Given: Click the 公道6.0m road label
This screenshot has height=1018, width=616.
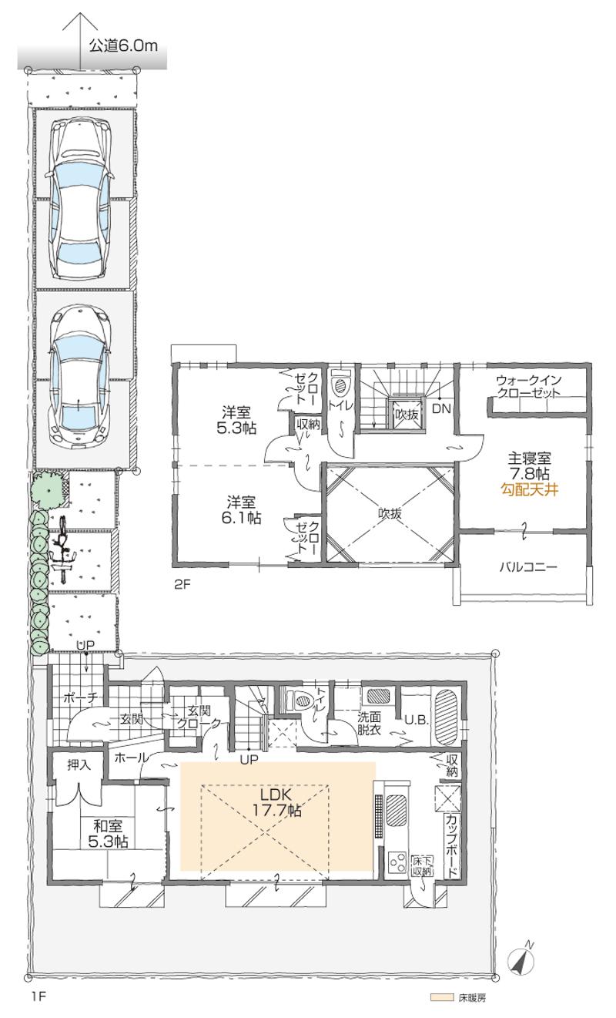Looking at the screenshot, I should [123, 45].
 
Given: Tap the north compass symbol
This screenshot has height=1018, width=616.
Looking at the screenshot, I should [523, 959].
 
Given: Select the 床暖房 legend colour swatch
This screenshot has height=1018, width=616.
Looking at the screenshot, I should [441, 997].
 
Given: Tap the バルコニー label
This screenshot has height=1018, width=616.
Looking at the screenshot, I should [527, 566].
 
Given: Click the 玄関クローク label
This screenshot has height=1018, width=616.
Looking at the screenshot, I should [196, 717].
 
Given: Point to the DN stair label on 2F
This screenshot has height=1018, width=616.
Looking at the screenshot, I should [440, 409].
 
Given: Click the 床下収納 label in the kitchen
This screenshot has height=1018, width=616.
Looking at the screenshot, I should [421, 865].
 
